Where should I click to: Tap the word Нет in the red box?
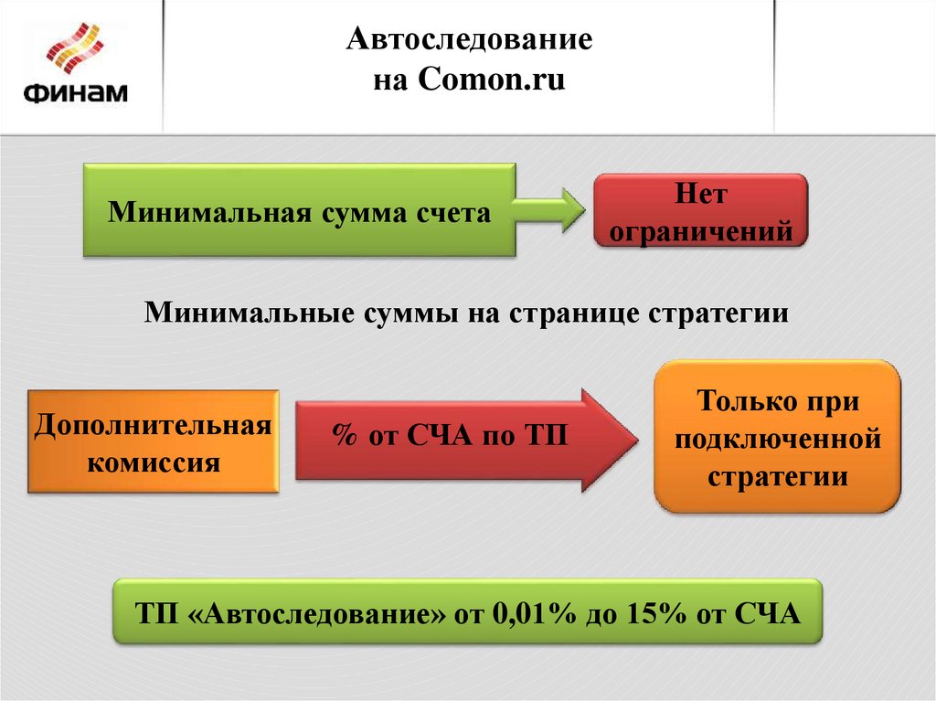[701, 194]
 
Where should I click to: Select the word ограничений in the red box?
[701, 231]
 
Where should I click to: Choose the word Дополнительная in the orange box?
[154, 425]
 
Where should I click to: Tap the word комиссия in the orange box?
[154, 461]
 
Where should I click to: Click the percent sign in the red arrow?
[344, 435]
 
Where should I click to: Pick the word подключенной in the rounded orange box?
[777, 440]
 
